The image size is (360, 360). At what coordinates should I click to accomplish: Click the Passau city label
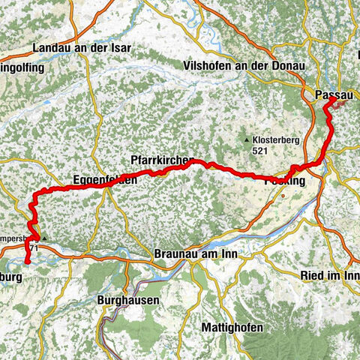pos(334,93)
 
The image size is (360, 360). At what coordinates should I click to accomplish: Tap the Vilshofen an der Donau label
pos(244,66)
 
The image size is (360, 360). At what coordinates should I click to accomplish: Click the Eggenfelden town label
pos(105,180)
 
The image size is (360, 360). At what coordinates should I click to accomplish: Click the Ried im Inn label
pos(330,276)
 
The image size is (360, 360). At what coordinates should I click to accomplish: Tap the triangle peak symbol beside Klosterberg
pos(247,139)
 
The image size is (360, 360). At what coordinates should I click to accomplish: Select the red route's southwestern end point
pos(26,262)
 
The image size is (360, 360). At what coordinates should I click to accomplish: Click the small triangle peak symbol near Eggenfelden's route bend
pos(44,238)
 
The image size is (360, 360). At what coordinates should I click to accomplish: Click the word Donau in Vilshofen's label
pos(289,66)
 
